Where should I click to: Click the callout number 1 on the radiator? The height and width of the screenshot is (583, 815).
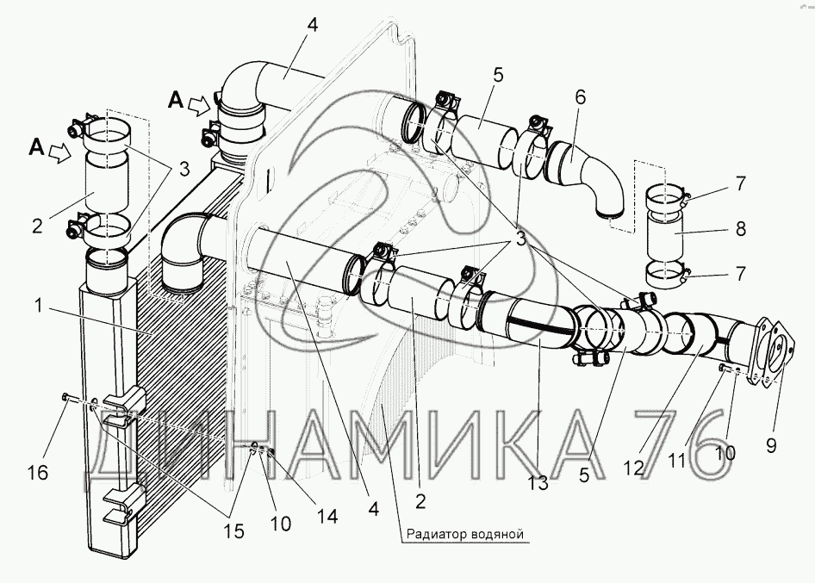(x=39, y=306)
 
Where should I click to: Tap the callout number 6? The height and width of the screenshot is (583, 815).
(x=580, y=97)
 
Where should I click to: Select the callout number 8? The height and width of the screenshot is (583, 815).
(x=741, y=228)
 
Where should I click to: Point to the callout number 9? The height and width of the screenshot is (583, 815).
(x=771, y=445)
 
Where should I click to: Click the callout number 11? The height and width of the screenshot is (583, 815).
(x=676, y=461)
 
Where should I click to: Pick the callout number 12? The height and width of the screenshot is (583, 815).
(x=633, y=468)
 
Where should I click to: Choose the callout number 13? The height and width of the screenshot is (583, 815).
(x=538, y=483)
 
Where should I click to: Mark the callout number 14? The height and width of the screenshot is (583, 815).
(x=327, y=516)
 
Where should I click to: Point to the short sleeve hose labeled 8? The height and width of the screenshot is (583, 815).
(x=666, y=238)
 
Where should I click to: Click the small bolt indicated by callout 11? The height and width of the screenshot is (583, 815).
(x=723, y=369)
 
